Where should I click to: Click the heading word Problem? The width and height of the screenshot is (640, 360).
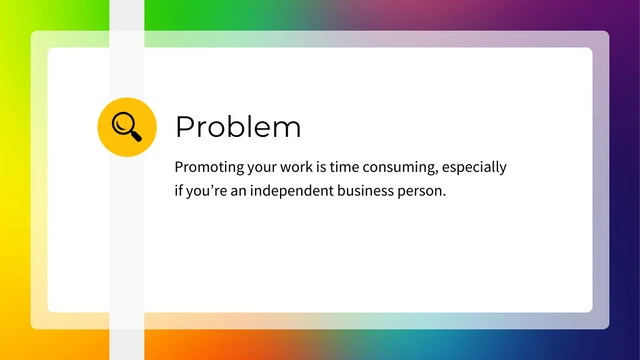238,127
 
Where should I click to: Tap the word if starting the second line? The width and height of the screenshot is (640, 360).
178,189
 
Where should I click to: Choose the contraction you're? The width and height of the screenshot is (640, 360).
207,190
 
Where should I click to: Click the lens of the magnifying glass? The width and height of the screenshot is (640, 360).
123,123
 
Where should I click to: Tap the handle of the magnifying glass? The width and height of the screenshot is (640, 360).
135,135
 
